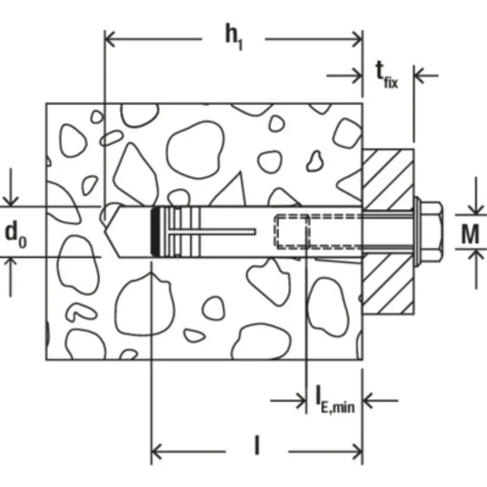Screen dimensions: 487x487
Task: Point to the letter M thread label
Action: [470, 234]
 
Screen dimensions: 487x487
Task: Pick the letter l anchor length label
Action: [257, 446]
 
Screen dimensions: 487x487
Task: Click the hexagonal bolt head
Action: [431, 231]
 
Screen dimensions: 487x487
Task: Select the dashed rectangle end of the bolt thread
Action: [292, 232]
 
